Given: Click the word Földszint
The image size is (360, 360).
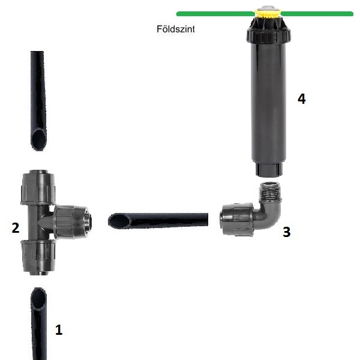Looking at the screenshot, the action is pyautogui.click(x=176, y=29).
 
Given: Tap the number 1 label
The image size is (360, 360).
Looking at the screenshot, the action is pyautogui.click(x=59, y=330).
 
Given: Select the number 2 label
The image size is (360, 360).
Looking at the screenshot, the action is pyautogui.click(x=16, y=228).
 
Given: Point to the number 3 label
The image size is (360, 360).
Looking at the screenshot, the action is pyautogui.click(x=287, y=232).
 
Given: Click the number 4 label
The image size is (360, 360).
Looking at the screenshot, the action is pyautogui.click(x=301, y=99).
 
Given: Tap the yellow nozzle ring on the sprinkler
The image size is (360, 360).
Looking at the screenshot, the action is pyautogui.click(x=268, y=14).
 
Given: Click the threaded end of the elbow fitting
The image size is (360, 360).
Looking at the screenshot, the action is pyautogui.click(x=270, y=192).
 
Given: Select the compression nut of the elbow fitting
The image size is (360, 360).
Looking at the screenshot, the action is pyautogui.click(x=237, y=219).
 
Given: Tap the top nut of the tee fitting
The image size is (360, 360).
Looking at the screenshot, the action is pyautogui.click(x=38, y=187).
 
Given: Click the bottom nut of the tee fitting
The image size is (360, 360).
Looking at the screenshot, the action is pyautogui.click(x=38, y=257).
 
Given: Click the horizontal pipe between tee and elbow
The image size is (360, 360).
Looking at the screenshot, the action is pyautogui.click(x=158, y=220).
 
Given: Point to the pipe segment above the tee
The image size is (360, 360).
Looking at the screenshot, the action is pyautogui.click(x=38, y=101).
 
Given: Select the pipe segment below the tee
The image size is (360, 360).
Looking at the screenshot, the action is pyautogui.click(x=39, y=324).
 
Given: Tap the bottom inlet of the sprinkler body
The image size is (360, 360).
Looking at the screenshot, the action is pyautogui.click(x=268, y=169).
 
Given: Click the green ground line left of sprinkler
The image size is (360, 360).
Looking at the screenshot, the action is pyautogui.click(x=215, y=14).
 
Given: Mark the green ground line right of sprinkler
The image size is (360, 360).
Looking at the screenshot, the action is pyautogui.click(x=317, y=14).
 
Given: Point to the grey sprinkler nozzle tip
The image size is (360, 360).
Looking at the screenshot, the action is pyautogui.click(x=268, y=8).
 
